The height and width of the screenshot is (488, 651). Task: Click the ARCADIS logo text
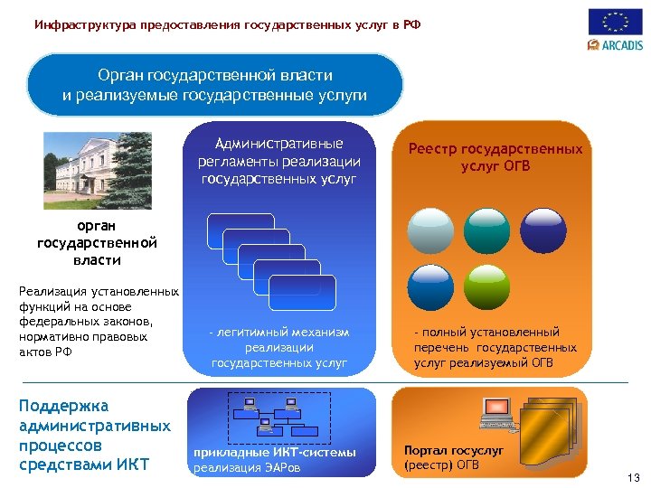[621, 44]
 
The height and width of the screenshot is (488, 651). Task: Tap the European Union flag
[616, 21]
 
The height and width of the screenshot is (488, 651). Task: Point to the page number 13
[632, 477]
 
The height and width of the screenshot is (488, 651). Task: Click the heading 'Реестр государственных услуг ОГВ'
[495, 157]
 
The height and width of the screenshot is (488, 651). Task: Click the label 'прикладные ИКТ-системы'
[275, 452]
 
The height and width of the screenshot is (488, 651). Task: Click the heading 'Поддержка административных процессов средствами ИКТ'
[95, 436]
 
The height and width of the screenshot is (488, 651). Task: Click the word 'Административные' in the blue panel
[278, 144]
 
